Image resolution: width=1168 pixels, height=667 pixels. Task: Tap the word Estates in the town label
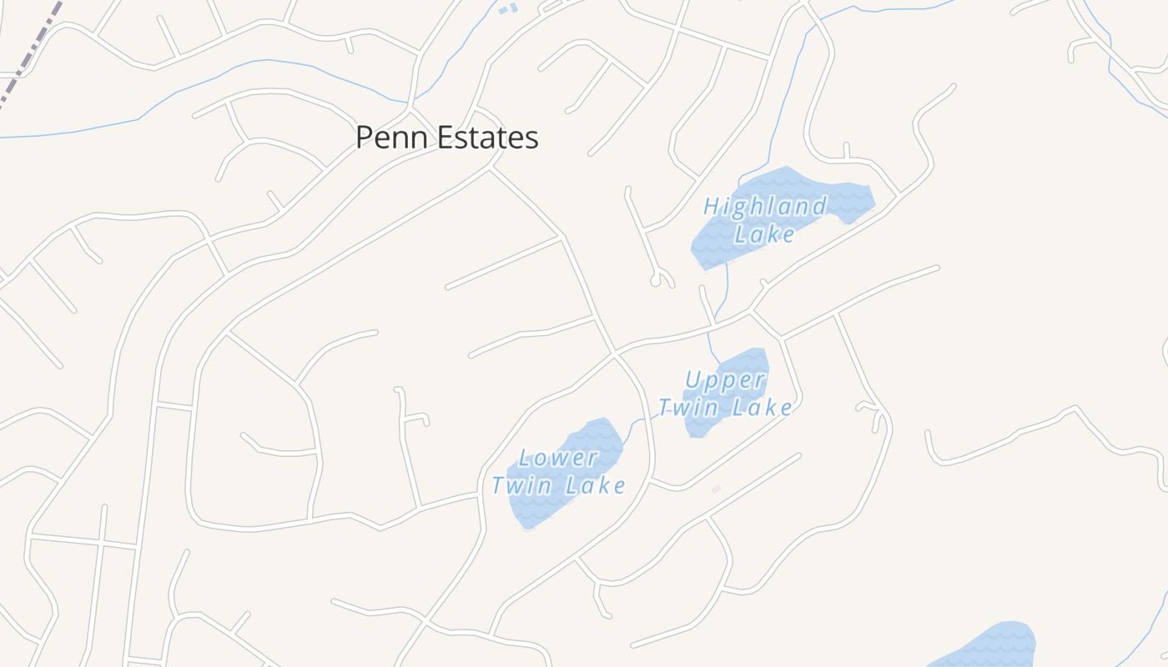(488, 138)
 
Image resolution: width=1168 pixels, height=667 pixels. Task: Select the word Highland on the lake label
(765, 206)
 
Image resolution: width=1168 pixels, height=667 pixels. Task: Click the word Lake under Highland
(764, 233)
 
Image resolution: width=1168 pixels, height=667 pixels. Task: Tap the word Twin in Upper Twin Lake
(688, 408)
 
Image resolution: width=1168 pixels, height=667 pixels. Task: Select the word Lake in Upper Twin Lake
(763, 408)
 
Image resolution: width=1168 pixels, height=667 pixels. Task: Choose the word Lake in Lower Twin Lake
(595, 485)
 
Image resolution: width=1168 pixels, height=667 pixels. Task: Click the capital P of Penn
(364, 138)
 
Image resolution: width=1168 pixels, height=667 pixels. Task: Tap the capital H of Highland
(712, 206)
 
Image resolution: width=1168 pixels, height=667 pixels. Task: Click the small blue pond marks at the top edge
(507, 9)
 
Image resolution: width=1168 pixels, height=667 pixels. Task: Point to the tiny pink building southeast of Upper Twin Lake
(715, 489)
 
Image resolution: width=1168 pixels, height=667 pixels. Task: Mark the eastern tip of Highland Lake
(871, 198)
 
